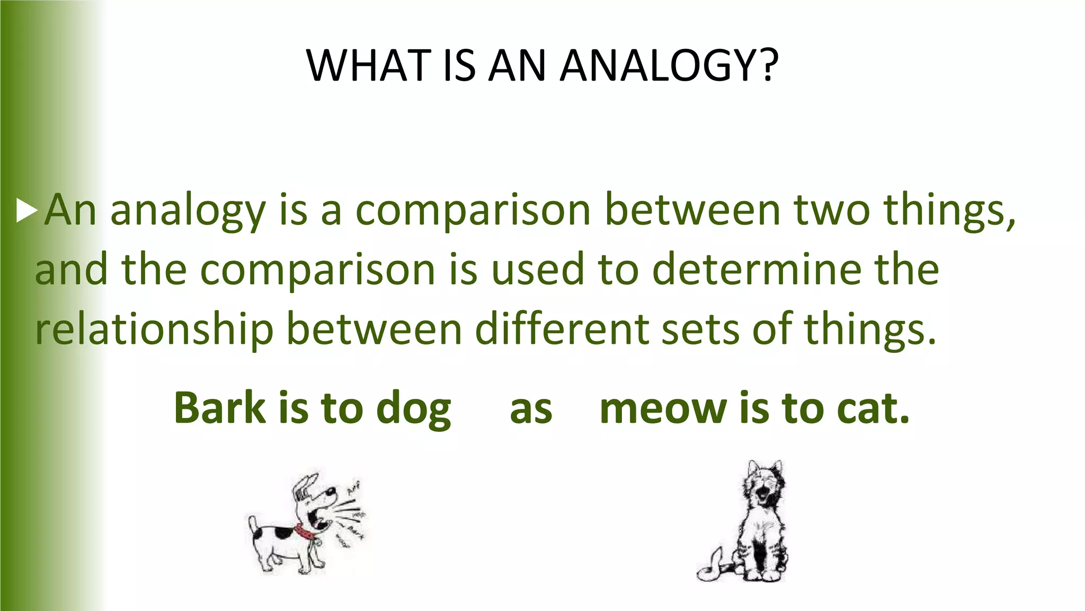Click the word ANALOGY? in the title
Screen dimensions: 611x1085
coord(670,66)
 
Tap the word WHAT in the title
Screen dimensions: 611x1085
coord(368,66)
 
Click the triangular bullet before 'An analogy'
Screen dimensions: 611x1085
coord(26,211)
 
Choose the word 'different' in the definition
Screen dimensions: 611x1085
coord(562,329)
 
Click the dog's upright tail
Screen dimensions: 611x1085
coord(254,525)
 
